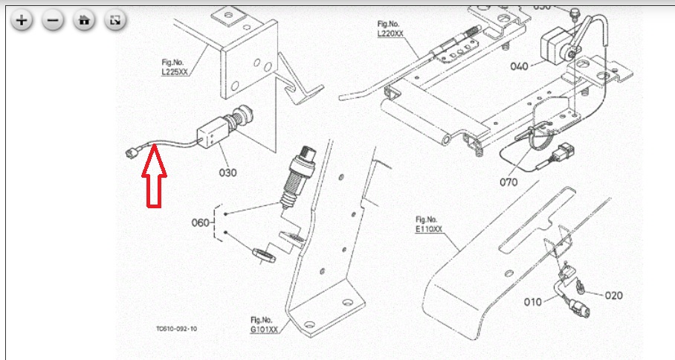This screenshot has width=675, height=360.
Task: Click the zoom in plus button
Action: point(22,21)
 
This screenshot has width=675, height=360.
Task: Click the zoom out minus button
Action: point(53,21)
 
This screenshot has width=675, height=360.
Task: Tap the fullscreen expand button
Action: point(114,21)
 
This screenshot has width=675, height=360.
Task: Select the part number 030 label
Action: point(227,173)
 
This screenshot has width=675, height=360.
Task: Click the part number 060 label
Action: point(201,222)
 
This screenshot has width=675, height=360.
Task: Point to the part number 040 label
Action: point(520,66)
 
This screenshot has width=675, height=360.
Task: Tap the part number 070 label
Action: point(508,181)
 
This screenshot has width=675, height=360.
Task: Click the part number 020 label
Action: point(613,295)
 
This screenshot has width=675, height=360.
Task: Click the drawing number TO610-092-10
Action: point(177,328)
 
